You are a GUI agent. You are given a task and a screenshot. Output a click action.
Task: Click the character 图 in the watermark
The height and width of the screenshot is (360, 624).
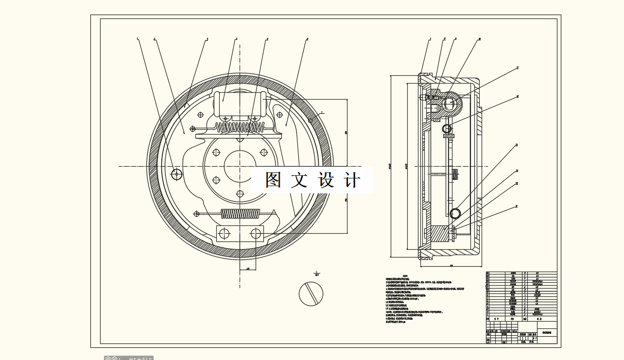point(274,180)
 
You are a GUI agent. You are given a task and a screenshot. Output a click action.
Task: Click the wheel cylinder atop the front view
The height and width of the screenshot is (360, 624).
point(240,104)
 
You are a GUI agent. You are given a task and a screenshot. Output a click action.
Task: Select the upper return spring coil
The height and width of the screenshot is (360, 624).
point(240,127)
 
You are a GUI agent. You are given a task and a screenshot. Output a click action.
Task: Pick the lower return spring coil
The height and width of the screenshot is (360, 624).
point(240,213)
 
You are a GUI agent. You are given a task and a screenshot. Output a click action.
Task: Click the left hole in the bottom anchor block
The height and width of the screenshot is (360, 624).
point(224,234)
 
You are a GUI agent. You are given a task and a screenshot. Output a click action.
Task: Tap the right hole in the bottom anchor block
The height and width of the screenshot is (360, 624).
point(256,234)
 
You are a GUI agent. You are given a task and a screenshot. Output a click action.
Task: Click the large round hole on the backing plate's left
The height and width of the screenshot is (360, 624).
point(177,173)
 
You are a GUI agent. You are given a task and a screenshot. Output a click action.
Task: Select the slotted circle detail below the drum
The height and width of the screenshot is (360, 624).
point(311,294)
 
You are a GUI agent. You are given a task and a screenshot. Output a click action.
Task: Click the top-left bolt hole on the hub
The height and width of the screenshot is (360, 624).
point(216,153)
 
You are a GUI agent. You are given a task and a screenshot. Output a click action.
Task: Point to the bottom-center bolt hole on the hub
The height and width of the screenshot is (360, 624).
point(240,194)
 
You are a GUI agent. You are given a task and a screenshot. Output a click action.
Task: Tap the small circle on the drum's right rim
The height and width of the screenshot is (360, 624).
point(311,120)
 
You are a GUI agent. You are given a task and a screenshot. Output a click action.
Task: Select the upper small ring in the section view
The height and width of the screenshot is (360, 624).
point(447,128)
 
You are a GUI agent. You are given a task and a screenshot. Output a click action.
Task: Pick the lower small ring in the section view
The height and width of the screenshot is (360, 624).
point(455,213)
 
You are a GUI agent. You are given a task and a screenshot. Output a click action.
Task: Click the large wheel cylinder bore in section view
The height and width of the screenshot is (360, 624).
point(449,103)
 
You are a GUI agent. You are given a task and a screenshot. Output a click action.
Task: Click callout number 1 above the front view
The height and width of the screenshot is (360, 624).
point(138,39)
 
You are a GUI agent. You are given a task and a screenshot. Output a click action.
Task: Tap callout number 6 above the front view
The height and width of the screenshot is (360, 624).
point(307,39)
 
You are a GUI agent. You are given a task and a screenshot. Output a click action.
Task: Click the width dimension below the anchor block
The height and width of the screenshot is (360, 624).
point(248,268)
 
